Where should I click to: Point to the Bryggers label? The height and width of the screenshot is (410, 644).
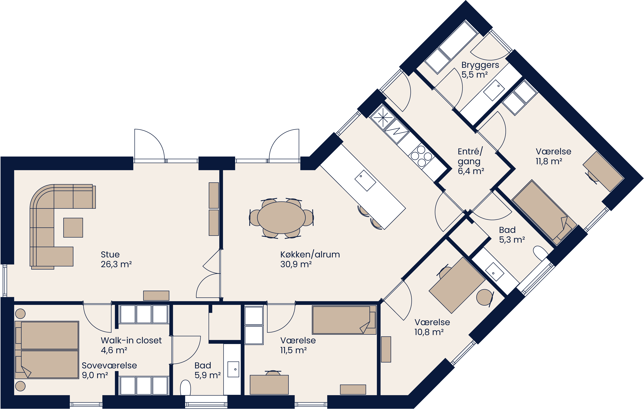(480, 65)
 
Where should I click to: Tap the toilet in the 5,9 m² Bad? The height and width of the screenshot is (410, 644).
(185, 388)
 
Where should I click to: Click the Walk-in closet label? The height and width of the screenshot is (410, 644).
(131, 340)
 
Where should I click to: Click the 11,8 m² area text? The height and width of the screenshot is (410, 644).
(549, 161)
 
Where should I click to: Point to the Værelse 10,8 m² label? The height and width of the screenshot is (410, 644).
(432, 322)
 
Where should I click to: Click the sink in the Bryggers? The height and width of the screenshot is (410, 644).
(494, 90)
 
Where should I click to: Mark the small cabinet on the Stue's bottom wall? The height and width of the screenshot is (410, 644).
(156, 296)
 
